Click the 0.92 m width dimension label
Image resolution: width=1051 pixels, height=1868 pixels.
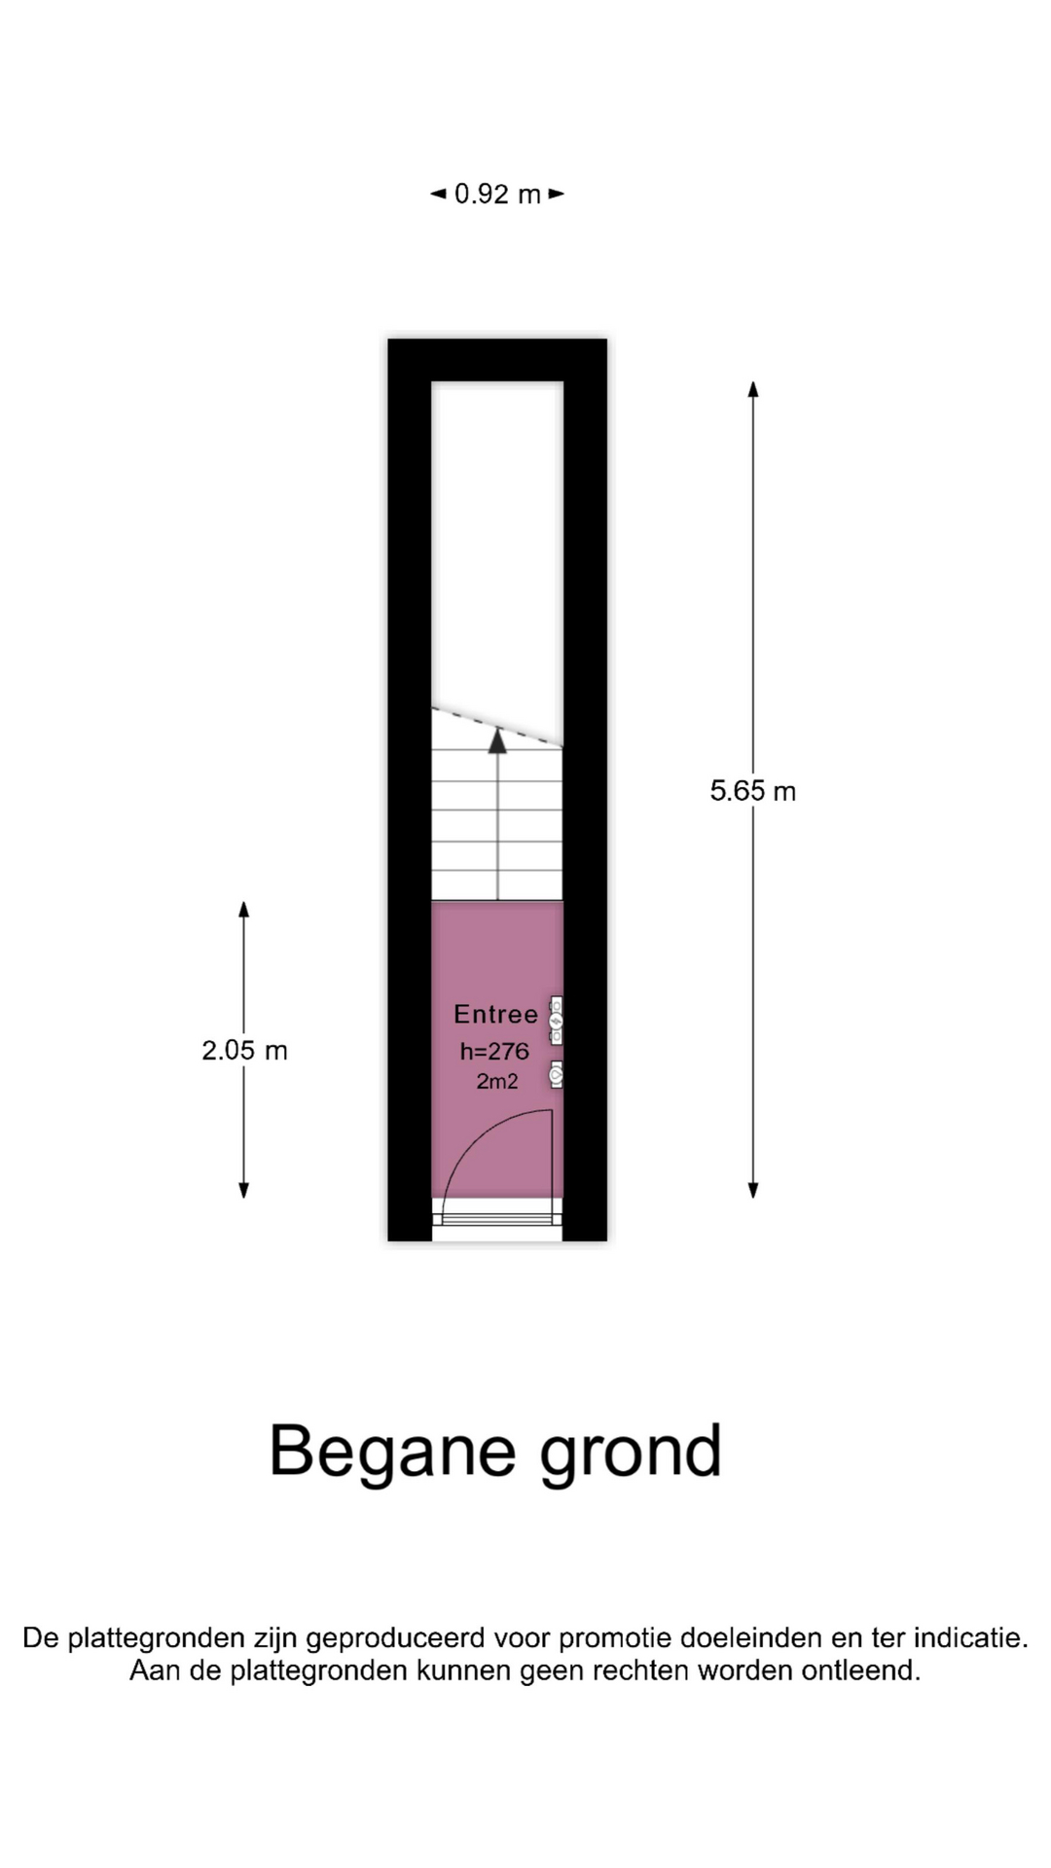click(x=497, y=195)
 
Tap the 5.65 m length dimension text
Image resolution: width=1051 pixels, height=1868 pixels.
click(x=752, y=791)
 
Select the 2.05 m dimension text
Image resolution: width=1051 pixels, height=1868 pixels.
click(x=244, y=1051)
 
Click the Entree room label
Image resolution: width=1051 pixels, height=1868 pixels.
click(x=495, y=1015)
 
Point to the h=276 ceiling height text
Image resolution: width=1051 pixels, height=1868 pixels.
click(x=494, y=1052)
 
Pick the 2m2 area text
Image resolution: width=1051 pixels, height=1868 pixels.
click(x=496, y=1081)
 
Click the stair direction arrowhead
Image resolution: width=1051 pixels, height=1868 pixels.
click(x=497, y=741)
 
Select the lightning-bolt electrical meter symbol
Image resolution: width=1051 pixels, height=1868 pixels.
click(x=557, y=1022)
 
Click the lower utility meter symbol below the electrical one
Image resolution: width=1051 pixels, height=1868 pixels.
click(x=557, y=1075)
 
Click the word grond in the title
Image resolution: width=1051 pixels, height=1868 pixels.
click(x=631, y=1452)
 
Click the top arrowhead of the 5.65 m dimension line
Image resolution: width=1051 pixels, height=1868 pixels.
click(x=752, y=389)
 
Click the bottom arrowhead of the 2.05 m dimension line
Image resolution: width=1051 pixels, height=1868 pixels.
click(x=244, y=1190)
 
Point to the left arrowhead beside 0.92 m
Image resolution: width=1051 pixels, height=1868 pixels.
click(x=438, y=195)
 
